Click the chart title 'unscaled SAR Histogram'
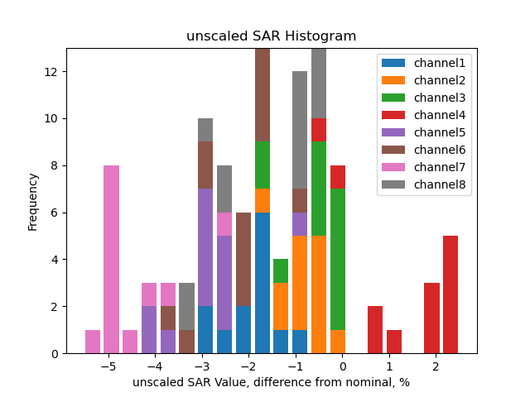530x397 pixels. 271,36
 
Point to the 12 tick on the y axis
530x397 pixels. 55,72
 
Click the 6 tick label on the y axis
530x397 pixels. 55,213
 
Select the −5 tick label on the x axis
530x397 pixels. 108,366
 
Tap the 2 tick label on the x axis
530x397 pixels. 436,366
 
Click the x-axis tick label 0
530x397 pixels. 342,366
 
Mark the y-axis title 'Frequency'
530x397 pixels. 33,201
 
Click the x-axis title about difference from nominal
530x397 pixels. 271,382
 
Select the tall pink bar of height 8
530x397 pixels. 112,260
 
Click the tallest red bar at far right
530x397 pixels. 450,294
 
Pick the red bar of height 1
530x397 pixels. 394,342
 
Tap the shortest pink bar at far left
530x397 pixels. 93,342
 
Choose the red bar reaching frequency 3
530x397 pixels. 431,318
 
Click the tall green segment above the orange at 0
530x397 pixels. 338,260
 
